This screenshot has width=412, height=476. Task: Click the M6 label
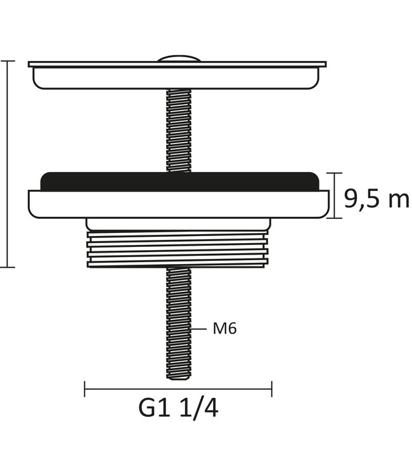[x=224, y=329]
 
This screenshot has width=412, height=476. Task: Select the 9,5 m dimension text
[x=376, y=199]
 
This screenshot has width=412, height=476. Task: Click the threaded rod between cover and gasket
[x=178, y=130]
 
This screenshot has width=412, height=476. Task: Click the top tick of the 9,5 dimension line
[x=335, y=172]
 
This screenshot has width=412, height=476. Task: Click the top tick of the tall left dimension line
[x=7, y=61]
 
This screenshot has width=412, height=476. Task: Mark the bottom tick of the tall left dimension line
[x=7, y=267]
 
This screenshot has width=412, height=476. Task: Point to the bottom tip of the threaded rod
[x=178, y=377]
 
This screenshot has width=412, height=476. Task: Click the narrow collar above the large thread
[x=178, y=223]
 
